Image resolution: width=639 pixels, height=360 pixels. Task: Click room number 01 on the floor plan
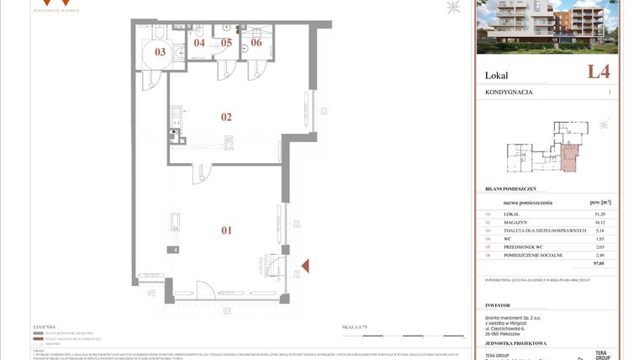coord(226,230)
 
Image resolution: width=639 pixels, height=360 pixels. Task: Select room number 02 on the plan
coord(226,117)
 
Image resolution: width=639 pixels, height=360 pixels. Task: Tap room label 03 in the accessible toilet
coord(160,52)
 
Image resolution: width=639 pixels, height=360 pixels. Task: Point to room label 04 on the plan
coord(199,42)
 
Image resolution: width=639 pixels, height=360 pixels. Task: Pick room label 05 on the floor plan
coord(226,42)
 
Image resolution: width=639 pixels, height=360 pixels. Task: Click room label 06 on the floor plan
coord(256,42)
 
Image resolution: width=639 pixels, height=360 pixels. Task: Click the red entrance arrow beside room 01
coord(304,267)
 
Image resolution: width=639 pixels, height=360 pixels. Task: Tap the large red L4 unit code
coord(599,72)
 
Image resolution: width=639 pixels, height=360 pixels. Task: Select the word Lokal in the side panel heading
coord(497,76)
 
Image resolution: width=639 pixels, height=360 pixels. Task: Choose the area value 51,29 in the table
coord(600,214)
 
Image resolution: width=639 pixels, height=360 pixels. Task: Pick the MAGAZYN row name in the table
coord(515,223)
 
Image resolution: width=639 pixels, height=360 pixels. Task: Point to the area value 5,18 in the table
coord(600,230)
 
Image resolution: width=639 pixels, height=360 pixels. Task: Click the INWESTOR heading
coord(498,305)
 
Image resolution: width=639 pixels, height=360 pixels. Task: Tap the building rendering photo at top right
coord(547,27)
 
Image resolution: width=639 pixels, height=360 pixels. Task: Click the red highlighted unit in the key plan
coord(570,156)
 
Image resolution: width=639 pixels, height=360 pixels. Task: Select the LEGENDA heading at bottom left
coord(44,326)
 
